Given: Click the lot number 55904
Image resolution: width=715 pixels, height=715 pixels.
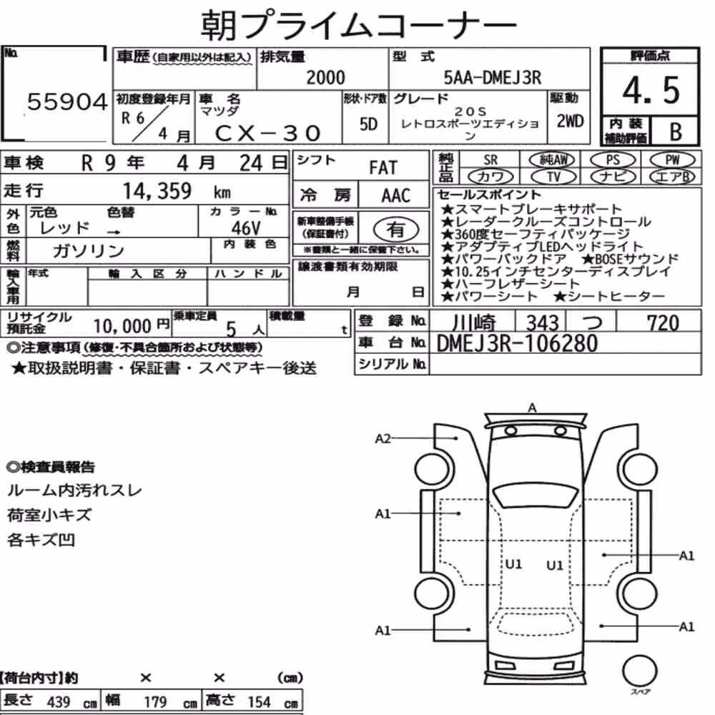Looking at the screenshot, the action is click(67, 102).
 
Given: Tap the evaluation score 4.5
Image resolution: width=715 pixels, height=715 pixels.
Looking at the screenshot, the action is click(651, 90).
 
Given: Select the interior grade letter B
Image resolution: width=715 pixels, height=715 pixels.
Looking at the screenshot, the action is click(676, 132).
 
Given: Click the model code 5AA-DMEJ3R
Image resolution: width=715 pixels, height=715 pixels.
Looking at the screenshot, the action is click(493, 78).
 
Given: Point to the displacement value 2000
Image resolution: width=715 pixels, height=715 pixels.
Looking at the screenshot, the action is click(325, 77).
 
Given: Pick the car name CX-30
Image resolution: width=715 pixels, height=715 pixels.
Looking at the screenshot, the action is click(268, 133).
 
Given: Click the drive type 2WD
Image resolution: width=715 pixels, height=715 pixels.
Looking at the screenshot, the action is click(570, 121).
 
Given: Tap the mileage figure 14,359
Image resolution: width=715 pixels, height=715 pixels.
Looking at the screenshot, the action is click(157, 191).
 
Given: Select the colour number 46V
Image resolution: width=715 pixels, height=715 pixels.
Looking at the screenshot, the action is click(246, 227).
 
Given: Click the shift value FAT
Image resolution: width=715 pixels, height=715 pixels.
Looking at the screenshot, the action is click(383, 168).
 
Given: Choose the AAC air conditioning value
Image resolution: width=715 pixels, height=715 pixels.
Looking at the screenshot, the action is click(396, 196).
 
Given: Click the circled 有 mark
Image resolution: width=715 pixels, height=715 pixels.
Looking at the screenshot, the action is click(396, 230).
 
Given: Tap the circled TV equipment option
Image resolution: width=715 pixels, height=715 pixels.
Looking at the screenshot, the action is click(553, 177).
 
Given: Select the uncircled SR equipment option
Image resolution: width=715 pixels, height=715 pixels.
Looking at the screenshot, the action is click(490, 160).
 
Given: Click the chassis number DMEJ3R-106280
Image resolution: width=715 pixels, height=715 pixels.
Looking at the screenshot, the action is click(517, 343).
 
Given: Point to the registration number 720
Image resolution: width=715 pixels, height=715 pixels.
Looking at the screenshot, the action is click(663, 323).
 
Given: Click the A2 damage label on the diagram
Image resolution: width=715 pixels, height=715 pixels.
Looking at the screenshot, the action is click(383, 439).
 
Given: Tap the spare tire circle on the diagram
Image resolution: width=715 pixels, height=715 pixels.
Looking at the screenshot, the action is click(638, 671).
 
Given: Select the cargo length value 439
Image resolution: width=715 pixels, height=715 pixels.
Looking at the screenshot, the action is click(59, 701).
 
